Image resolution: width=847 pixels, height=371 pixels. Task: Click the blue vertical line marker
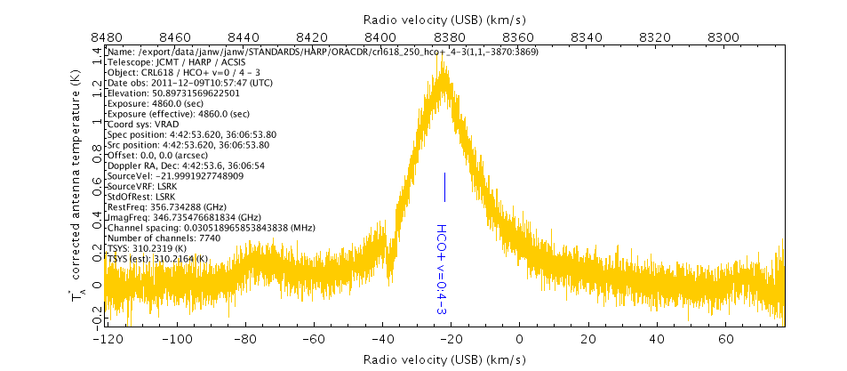[x=444, y=187]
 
